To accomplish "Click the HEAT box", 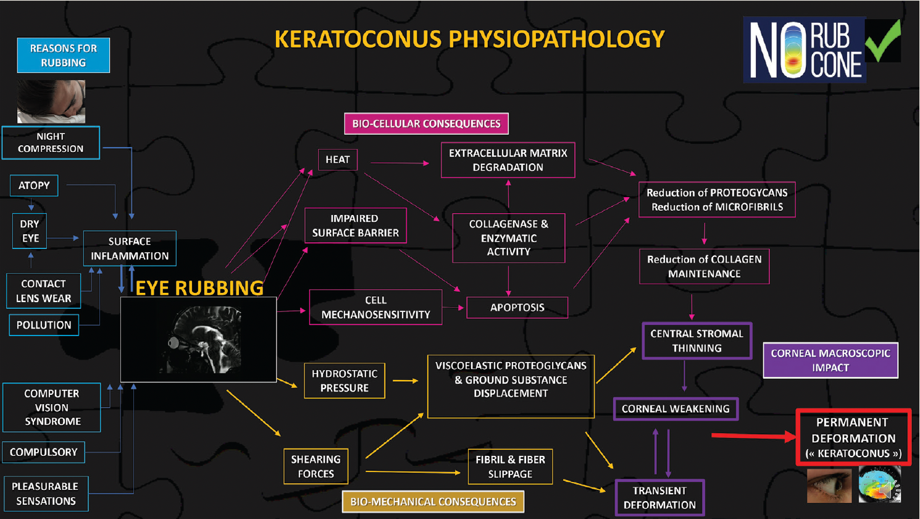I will coord(338,159).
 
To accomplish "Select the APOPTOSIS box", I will coord(517,308).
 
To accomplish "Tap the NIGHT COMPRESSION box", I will coord(51,143).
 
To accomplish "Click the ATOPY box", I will coord(34,185).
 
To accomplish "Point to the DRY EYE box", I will coord(30,231).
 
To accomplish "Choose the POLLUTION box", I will coord(44,325).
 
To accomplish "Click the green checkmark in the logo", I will coord(884,41).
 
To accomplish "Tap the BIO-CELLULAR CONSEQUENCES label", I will coord(426,124).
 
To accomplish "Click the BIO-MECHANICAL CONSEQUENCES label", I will coord(433,502).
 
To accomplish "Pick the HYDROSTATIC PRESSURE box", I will coord(345,381).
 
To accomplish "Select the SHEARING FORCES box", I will coord(316,466).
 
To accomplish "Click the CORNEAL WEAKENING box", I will coord(675,409).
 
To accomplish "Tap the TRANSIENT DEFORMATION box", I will coord(659,497).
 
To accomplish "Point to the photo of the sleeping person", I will coord(51,101).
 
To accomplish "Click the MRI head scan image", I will coord(198,339).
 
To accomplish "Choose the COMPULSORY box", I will coord(43,452).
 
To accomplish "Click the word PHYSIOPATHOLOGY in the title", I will coord(556,40).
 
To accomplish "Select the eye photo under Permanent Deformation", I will coord(829,485).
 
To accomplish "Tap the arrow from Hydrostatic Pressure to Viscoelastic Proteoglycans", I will coord(406,381).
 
